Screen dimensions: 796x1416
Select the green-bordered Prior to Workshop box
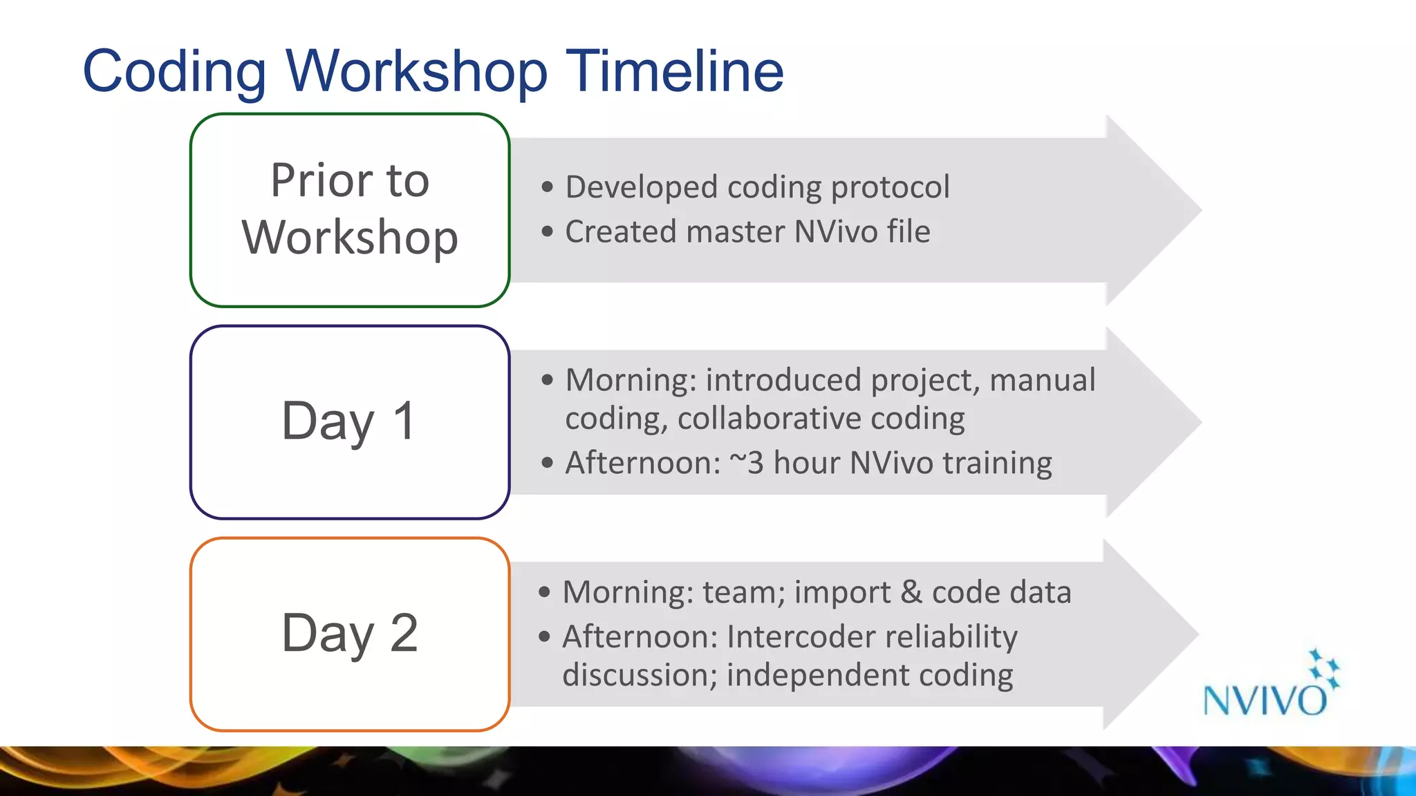pyautogui.click(x=350, y=210)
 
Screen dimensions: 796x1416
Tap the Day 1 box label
pyautogui.click(x=350, y=421)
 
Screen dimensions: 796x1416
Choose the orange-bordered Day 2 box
pyautogui.click(x=350, y=634)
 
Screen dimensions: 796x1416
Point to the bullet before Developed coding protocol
pyautogui.click(x=548, y=187)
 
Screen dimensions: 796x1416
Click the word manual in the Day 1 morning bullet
pyautogui.click(x=1042, y=380)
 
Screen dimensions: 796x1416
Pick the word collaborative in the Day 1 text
pyautogui.click(x=768, y=419)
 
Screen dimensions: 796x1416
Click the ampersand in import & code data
pyautogui.click(x=911, y=592)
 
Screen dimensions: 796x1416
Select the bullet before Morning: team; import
pyautogui.click(x=545, y=592)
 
